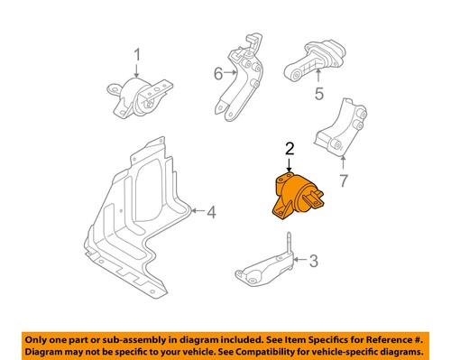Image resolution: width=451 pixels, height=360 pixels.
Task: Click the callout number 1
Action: (x=137, y=61)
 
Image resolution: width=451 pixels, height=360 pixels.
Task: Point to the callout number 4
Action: (x=210, y=213)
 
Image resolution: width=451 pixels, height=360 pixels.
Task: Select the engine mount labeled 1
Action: (x=138, y=99)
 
